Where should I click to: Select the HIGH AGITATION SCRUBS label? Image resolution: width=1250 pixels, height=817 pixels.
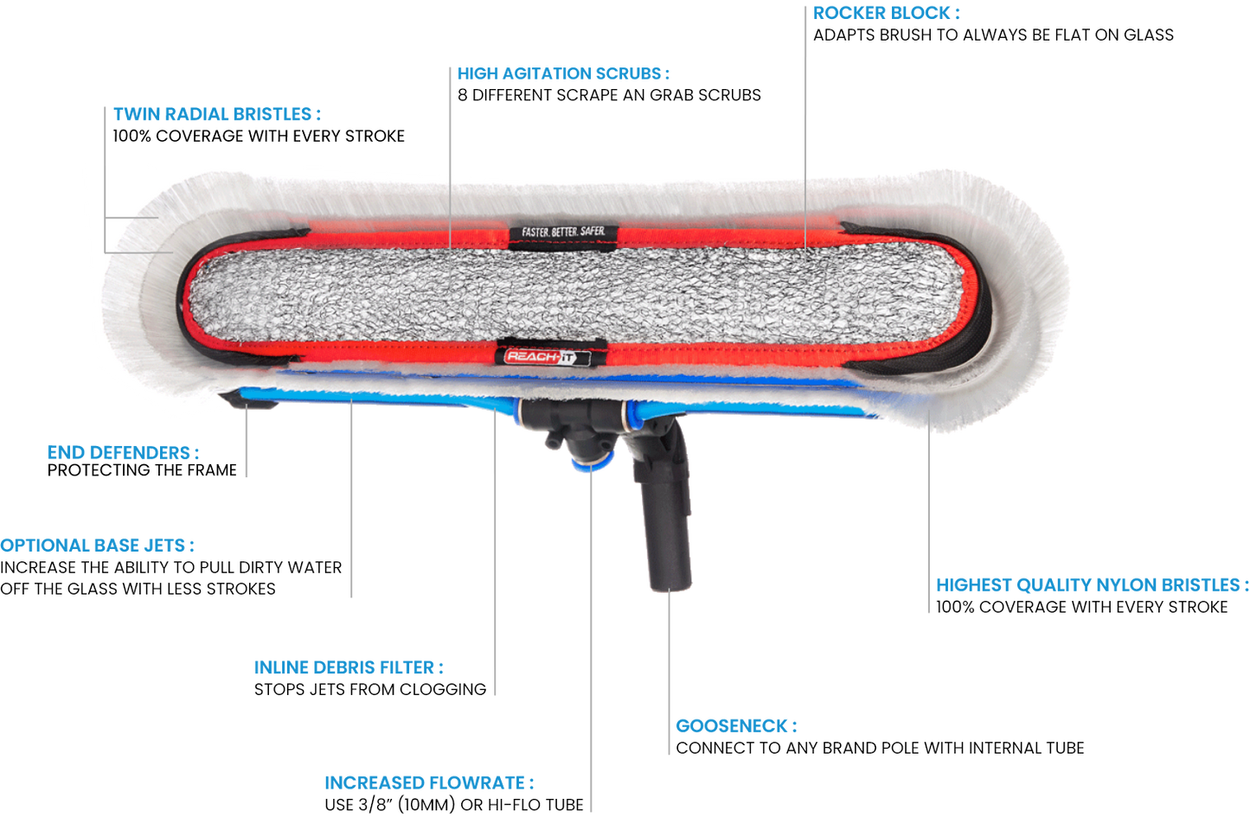click(563, 73)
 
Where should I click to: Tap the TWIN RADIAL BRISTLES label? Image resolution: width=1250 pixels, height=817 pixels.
click(217, 114)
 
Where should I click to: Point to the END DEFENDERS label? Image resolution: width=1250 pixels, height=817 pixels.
click(123, 452)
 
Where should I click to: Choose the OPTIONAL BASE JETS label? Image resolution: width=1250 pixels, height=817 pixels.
click(98, 546)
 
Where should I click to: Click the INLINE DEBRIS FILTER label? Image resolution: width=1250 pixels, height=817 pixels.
click(349, 667)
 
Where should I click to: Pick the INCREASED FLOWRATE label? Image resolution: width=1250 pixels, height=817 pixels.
click(429, 783)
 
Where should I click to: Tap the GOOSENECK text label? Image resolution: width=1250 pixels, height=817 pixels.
click(735, 725)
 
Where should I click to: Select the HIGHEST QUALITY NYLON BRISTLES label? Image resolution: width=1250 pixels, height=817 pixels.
click(1092, 585)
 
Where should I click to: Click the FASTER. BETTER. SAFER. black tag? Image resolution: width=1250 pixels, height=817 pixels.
click(563, 232)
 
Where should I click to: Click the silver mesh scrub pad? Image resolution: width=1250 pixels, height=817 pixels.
click(571, 294)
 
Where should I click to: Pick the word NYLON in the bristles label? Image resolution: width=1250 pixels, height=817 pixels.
click(1127, 585)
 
